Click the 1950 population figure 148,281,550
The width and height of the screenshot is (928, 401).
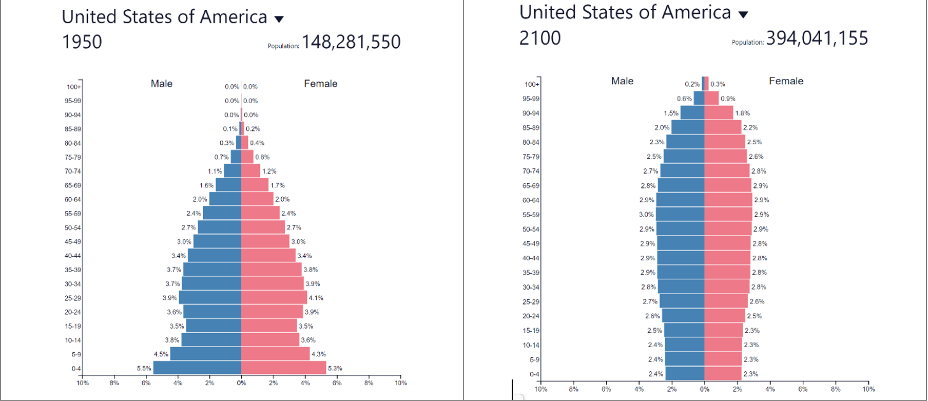(x=351, y=42)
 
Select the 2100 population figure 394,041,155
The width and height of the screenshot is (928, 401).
(x=817, y=38)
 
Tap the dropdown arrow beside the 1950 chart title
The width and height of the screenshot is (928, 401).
(x=279, y=20)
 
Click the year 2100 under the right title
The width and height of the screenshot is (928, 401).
(x=539, y=38)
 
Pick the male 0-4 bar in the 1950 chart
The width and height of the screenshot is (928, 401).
(x=197, y=368)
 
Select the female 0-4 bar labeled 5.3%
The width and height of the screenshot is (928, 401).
(x=283, y=368)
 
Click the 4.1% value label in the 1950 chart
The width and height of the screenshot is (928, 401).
(x=316, y=298)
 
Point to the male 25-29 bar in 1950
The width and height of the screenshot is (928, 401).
(x=210, y=297)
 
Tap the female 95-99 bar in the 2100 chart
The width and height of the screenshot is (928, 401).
(x=711, y=98)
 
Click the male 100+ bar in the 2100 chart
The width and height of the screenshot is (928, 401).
(x=703, y=84)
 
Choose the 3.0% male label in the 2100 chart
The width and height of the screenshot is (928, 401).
(x=646, y=215)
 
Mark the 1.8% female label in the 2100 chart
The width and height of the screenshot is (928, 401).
(x=742, y=113)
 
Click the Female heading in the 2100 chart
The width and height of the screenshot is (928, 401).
(x=786, y=81)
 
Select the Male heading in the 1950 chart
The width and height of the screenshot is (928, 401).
(x=161, y=84)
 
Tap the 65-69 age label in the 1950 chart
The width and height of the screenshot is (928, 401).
(x=72, y=185)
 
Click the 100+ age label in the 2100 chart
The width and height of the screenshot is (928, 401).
(x=532, y=84)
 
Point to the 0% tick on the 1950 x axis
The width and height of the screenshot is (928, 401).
(x=241, y=383)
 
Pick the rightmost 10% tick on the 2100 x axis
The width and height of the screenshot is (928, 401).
(x=868, y=389)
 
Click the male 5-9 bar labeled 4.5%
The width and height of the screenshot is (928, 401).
(x=205, y=354)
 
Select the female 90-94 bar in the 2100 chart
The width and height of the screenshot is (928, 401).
(x=719, y=112)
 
